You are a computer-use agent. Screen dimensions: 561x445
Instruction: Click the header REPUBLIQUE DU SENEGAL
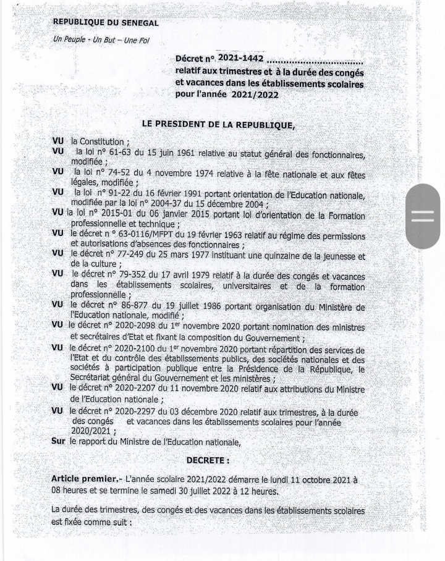(x=106, y=22)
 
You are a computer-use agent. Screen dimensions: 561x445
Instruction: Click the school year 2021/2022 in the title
(x=255, y=95)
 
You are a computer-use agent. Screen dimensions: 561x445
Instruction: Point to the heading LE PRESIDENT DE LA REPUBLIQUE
(x=218, y=124)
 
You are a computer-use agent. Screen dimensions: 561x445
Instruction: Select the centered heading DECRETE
(x=208, y=460)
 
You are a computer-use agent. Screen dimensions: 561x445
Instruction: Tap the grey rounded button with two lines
(x=423, y=216)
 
